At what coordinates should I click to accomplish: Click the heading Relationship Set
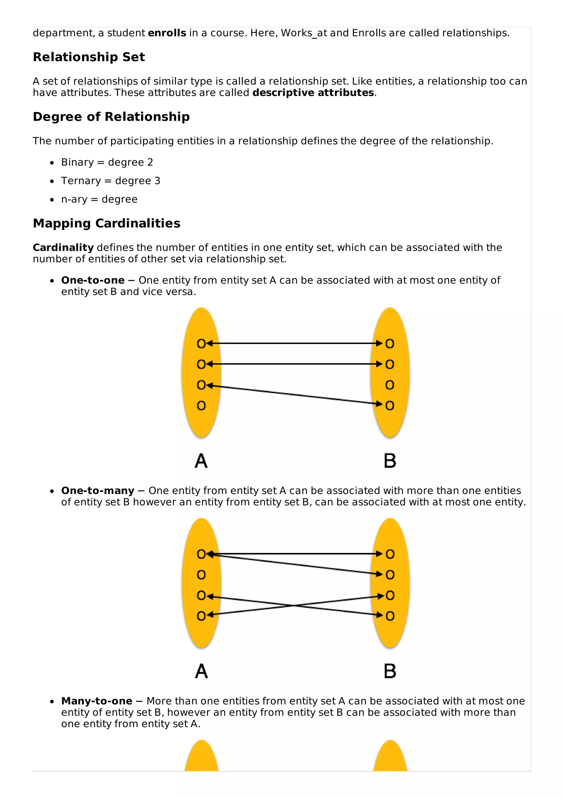89,57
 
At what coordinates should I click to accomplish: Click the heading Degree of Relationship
111,117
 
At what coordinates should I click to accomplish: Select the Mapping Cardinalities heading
106,224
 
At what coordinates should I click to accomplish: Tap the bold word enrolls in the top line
167,33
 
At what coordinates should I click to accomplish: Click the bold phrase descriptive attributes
313,93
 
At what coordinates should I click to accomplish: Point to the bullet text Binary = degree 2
107,162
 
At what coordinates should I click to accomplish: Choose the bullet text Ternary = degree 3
110,181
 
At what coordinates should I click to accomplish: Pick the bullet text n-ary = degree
99,199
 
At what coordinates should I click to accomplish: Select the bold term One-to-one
93,280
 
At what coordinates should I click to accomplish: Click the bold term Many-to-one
97,701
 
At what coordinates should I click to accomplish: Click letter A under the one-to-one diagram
201,461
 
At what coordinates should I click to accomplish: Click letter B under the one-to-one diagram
390,461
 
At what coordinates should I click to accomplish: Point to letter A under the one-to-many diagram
201,671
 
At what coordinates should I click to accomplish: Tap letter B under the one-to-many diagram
390,671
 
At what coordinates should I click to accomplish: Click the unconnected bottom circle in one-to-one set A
201,406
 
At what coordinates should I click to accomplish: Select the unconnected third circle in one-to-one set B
390,385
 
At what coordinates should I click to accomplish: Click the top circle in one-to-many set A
201,554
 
